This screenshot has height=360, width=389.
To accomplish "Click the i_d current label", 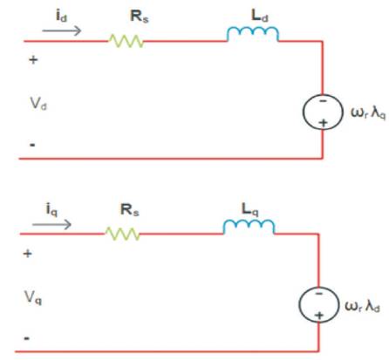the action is point(61,16).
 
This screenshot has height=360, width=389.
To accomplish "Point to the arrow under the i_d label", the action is point(62,31).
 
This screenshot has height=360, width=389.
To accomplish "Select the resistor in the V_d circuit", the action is point(126,41).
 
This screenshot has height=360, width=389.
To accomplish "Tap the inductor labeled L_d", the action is point(253,32).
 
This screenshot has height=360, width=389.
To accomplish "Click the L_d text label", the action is point(260,16).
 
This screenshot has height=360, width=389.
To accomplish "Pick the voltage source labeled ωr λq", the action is point(323,112).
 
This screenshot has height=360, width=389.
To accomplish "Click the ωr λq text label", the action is point(368,112).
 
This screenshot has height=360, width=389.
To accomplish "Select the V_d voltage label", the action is point(38,104).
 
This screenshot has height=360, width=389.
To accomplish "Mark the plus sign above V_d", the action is point(33,60).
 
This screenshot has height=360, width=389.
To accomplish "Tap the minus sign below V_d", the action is point(32,145).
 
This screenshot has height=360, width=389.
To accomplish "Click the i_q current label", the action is point(51,209).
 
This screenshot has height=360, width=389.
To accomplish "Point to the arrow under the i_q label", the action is point(51,224).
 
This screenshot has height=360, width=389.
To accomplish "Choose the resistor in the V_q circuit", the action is point(122,234).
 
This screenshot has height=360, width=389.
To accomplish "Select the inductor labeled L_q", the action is point(249,226).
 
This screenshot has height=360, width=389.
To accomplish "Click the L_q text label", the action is point(249,209).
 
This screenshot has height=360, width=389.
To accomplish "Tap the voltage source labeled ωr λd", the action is point(318,304).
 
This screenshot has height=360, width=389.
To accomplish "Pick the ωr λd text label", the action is point(362,306).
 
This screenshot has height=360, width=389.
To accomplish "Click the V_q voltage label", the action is point(33,297).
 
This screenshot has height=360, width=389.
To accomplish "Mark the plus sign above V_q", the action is point(28,254).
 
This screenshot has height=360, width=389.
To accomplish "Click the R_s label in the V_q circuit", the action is point(130,210).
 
